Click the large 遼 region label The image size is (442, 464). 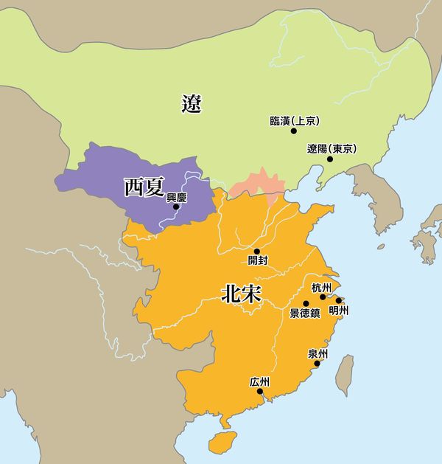tap(192, 104)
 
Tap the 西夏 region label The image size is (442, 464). tap(144, 187)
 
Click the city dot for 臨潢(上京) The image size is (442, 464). tap(293, 131)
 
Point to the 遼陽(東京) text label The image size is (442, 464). tap(331, 148)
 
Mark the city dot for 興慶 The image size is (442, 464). tap(175, 207)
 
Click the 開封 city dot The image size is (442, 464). tap(256, 251)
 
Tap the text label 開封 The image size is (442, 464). tap(258, 261)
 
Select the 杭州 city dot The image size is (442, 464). tap(323, 297)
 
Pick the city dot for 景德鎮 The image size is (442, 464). tap(306, 303)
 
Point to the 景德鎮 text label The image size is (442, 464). tap(305, 314)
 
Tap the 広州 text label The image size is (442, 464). tap(260, 381)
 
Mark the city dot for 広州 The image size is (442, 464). tap(260, 392)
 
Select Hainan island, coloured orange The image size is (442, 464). tap(219, 442)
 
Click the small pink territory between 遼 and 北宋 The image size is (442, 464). tap(256, 187)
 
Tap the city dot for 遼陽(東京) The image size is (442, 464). tap(329, 159)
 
